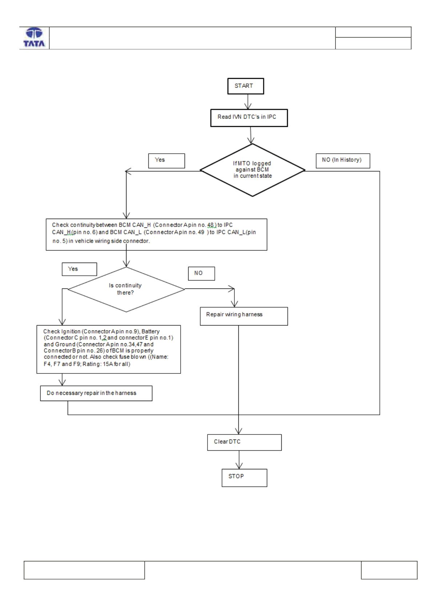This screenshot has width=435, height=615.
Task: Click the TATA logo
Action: point(34,37)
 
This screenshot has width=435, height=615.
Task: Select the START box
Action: point(246,86)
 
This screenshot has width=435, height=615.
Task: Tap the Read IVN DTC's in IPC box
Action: point(249,118)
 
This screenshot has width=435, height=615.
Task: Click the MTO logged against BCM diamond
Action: point(252,170)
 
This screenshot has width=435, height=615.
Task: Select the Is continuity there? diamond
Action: point(126,289)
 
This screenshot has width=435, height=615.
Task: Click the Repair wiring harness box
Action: point(244,316)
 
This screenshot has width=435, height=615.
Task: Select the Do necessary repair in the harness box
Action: point(96,393)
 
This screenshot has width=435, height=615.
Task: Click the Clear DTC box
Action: point(244,442)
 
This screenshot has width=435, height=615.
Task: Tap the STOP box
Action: point(244,478)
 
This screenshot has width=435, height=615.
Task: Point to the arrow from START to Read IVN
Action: point(248,102)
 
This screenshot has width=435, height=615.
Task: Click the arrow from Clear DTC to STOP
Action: point(239,460)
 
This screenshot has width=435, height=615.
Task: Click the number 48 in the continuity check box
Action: point(210,225)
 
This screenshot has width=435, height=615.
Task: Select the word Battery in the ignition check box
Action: point(150,331)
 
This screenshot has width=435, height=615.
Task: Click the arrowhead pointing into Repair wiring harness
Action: point(234,304)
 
